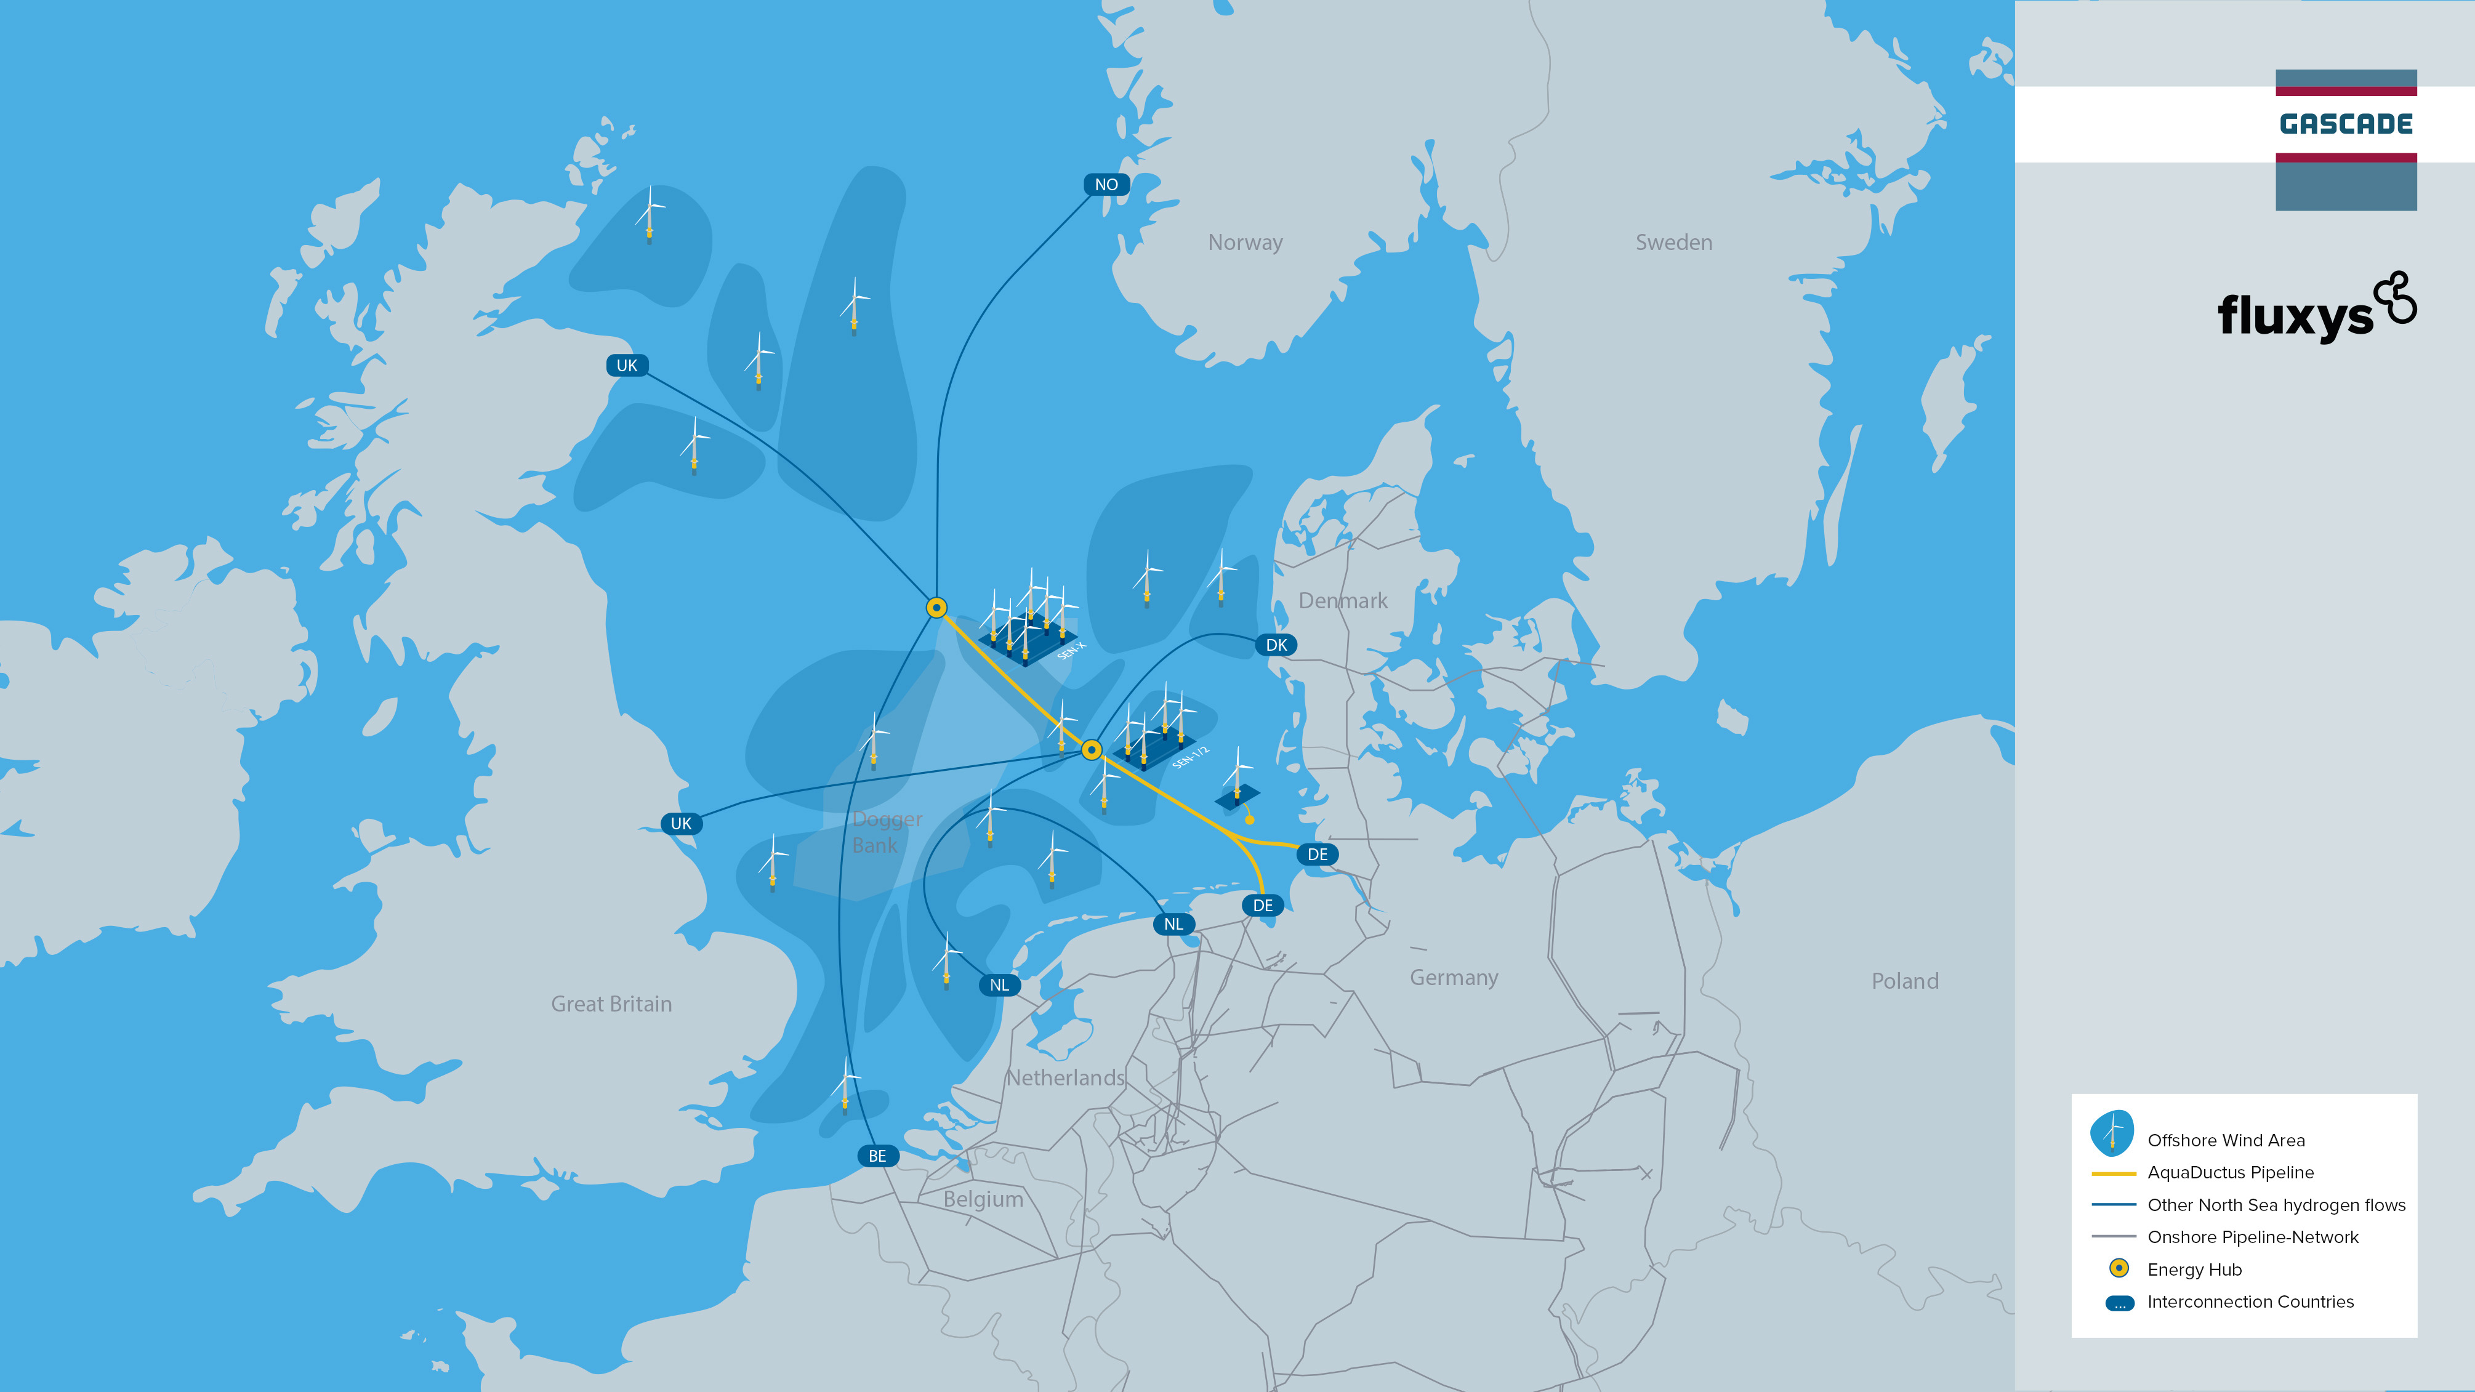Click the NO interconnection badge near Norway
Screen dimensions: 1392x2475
click(1106, 185)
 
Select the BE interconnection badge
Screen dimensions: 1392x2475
click(877, 1156)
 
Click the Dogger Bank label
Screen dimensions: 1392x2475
click(886, 832)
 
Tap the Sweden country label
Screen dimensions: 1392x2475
click(1673, 242)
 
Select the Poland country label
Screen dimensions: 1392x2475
click(1904, 981)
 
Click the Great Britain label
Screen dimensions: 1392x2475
click(611, 1004)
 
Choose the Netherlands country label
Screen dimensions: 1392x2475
click(1064, 1078)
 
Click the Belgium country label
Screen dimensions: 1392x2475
click(983, 1199)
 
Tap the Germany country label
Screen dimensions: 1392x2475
click(1454, 978)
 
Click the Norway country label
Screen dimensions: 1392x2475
click(1245, 242)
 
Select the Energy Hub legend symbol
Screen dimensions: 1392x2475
click(2119, 1269)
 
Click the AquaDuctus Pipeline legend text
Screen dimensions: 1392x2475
click(2230, 1172)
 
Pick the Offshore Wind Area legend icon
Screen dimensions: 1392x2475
click(2112, 1133)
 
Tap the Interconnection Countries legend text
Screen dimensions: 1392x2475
click(2250, 1301)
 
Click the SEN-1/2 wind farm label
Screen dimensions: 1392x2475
click(1191, 757)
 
